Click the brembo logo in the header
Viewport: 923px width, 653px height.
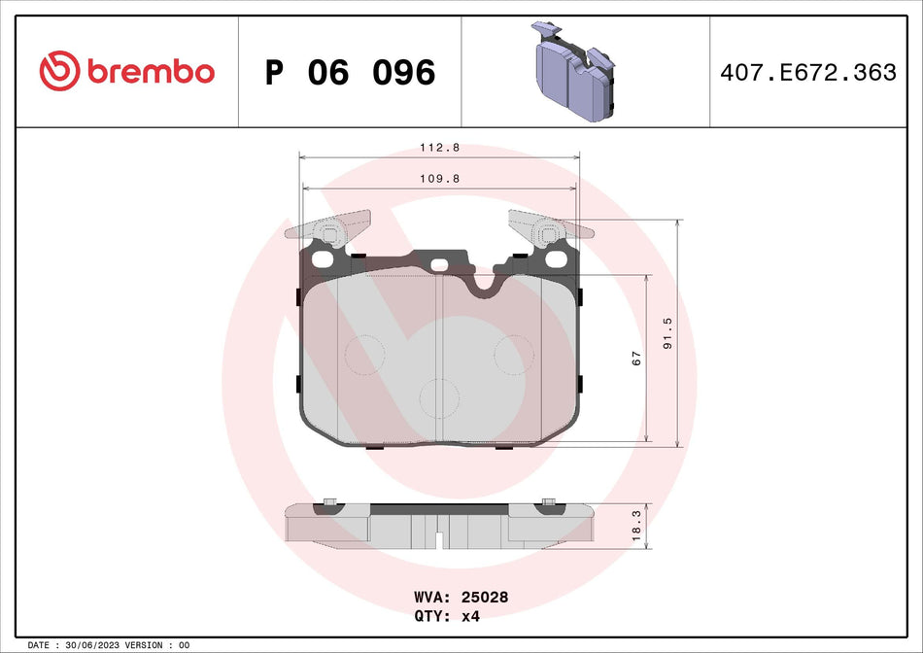tap(126, 72)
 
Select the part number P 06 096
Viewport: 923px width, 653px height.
tap(350, 72)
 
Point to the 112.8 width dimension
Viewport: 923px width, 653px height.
tap(438, 149)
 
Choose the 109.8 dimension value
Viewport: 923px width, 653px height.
tap(438, 179)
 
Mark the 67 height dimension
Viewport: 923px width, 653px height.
tap(636, 359)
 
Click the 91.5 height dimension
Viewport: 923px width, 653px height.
tap(667, 333)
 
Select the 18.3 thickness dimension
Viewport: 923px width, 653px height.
tap(636, 527)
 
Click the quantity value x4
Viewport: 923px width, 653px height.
tap(469, 615)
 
